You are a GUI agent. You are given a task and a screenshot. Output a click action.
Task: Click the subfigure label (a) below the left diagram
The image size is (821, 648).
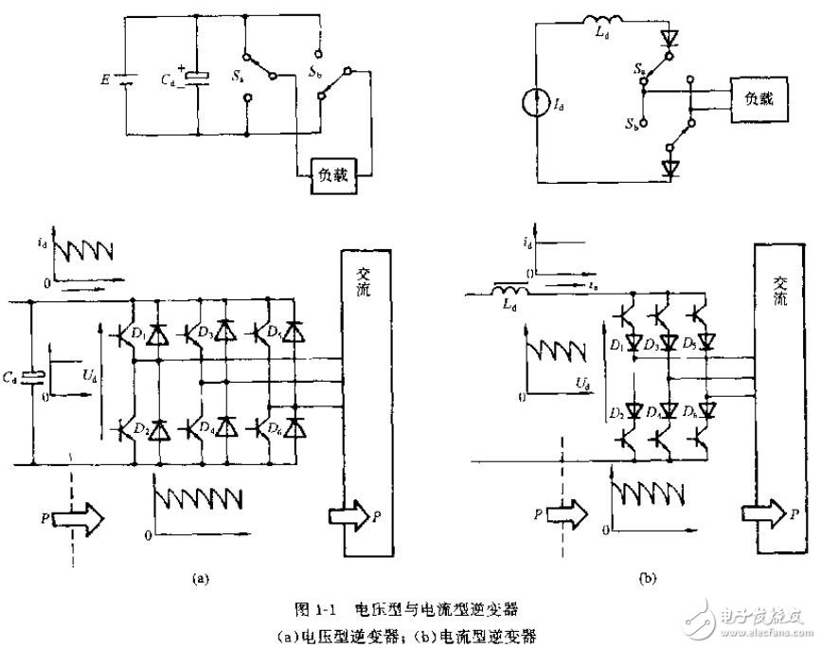[199, 575]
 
